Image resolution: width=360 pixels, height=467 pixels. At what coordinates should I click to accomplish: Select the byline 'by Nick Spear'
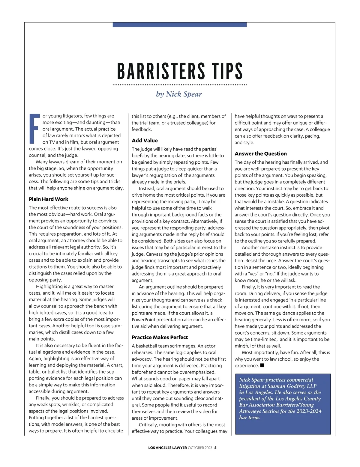pyautogui.click(x=179, y=94)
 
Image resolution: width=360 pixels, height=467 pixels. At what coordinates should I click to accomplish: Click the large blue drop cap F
pyautogui.click(x=34, y=128)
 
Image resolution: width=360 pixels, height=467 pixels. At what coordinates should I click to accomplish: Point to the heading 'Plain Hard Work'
pyautogui.click(x=49, y=199)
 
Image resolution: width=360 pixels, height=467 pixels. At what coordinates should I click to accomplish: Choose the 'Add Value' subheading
pyautogui.click(x=145, y=140)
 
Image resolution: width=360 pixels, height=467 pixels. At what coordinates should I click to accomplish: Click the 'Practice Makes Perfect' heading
pyautogui.click(x=160, y=337)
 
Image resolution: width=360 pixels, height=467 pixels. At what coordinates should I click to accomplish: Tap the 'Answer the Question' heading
pyautogui.click(x=261, y=153)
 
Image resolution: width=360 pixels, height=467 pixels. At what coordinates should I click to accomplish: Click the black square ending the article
pyautogui.click(x=262, y=365)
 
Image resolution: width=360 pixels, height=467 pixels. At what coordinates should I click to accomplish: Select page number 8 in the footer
pyautogui.click(x=215, y=448)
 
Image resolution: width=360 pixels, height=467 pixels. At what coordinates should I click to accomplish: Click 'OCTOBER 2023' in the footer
pyautogui.click(x=200, y=448)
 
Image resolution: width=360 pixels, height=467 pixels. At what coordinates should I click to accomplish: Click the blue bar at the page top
pyautogui.click(x=179, y=25)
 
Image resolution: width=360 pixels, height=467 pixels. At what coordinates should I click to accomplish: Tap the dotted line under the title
pyautogui.click(x=179, y=85)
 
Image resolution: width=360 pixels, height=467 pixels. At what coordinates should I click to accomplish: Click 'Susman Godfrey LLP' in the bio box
pyautogui.click(x=292, y=386)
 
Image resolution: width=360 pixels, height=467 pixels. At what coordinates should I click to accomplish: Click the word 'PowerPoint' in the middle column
pyautogui.click(x=143, y=320)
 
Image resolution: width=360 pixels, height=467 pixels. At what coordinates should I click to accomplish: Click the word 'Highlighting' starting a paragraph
pyautogui.click(x=49, y=286)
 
